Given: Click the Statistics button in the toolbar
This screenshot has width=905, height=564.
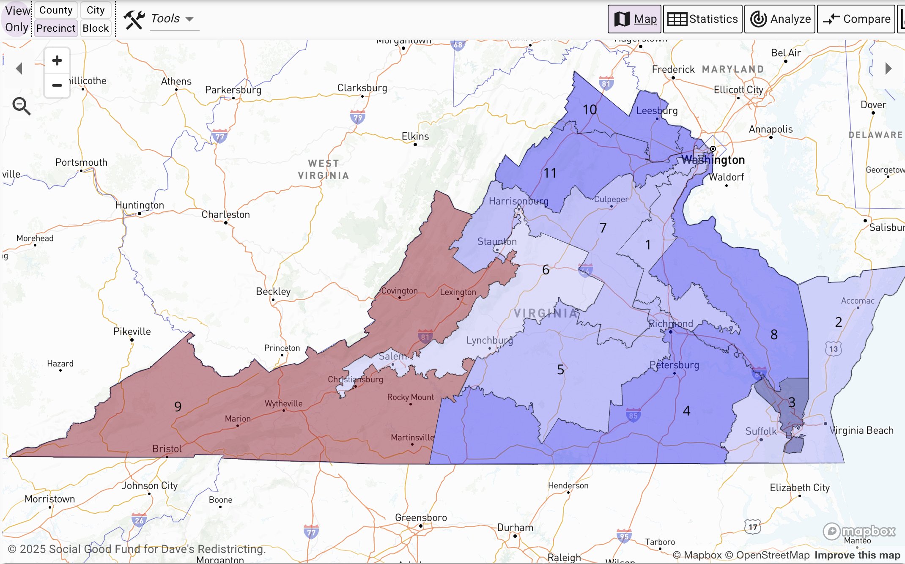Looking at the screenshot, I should click(x=702, y=19).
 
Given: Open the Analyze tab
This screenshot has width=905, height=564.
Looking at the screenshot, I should click(x=780, y=19).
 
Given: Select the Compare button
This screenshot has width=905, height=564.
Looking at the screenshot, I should click(x=856, y=19).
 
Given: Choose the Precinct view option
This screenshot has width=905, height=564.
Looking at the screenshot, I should click(x=56, y=28).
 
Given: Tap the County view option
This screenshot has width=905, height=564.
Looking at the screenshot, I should click(x=56, y=10).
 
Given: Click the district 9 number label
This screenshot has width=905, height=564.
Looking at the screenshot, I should click(x=178, y=406).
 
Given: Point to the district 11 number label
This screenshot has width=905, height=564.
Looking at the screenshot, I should click(x=550, y=173).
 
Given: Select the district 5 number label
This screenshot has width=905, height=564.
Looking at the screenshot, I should click(x=560, y=370).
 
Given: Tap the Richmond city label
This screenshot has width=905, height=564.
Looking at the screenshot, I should click(x=671, y=324).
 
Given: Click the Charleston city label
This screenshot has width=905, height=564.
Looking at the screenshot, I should click(x=225, y=214).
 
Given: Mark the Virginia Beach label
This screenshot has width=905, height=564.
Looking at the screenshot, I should click(x=861, y=430).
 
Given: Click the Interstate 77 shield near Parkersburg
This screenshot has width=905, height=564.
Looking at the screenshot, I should click(x=219, y=137).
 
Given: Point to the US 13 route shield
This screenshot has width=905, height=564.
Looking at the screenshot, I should click(x=833, y=349).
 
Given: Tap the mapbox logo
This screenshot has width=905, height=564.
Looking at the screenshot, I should click(x=859, y=531).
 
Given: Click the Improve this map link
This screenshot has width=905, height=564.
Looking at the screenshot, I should click(x=857, y=555).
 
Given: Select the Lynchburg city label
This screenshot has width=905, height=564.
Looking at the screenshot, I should click(x=489, y=340).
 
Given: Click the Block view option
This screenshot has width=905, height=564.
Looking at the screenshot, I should click(x=96, y=28).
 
